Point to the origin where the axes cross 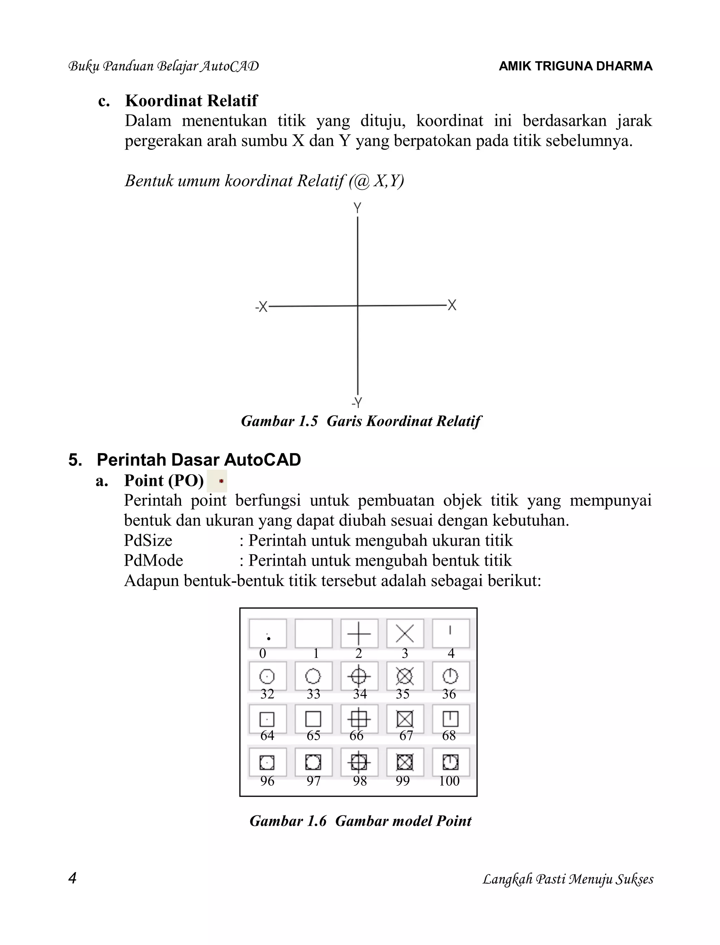tap(358, 306)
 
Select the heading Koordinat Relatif tap(191, 101)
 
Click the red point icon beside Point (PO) tap(221, 481)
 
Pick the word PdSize tap(148, 540)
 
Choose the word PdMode tap(153, 561)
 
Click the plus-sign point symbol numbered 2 tap(359, 634)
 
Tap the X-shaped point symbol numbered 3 tap(405, 634)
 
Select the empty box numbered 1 tap(314, 634)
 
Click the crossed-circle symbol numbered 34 tap(359, 677)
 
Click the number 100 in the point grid tap(449, 781)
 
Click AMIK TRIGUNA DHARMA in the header tap(576, 66)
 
